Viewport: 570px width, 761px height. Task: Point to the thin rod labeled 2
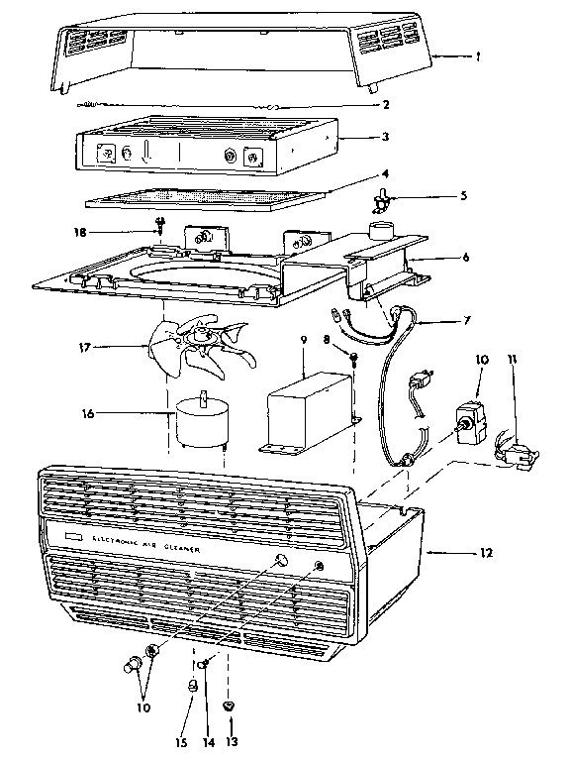(178, 104)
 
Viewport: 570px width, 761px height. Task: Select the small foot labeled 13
(230, 706)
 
